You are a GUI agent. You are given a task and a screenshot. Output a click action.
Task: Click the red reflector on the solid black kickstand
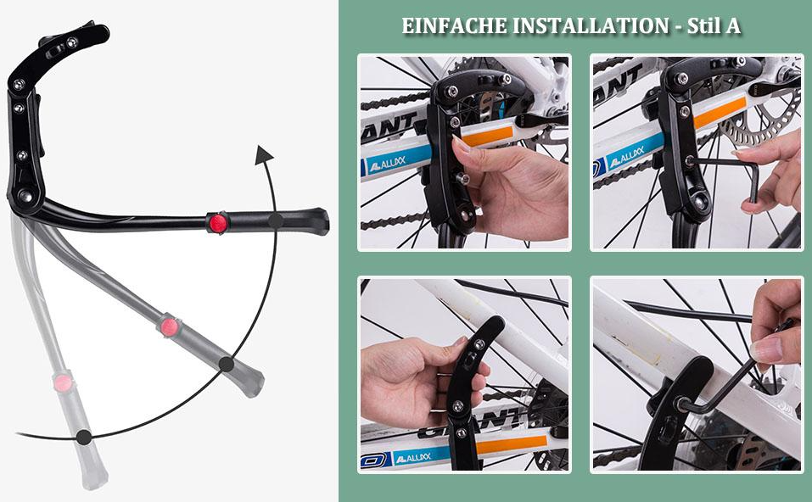pyautogui.click(x=218, y=223)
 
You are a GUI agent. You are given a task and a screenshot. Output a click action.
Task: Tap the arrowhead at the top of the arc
pyautogui.click(x=264, y=155)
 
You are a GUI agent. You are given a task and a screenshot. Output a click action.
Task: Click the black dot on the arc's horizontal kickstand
pyautogui.click(x=276, y=221)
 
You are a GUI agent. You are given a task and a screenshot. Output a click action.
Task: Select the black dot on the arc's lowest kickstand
pyautogui.click(x=84, y=437)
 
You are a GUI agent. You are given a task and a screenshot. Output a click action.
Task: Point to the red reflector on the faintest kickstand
pyautogui.click(x=63, y=383)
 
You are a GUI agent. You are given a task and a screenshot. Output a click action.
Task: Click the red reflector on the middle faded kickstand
pyautogui.click(x=170, y=327)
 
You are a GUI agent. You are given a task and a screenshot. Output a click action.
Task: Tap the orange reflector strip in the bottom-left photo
pyautogui.click(x=512, y=445)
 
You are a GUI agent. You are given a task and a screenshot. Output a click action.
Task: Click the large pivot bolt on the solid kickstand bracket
pyautogui.click(x=25, y=195)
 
